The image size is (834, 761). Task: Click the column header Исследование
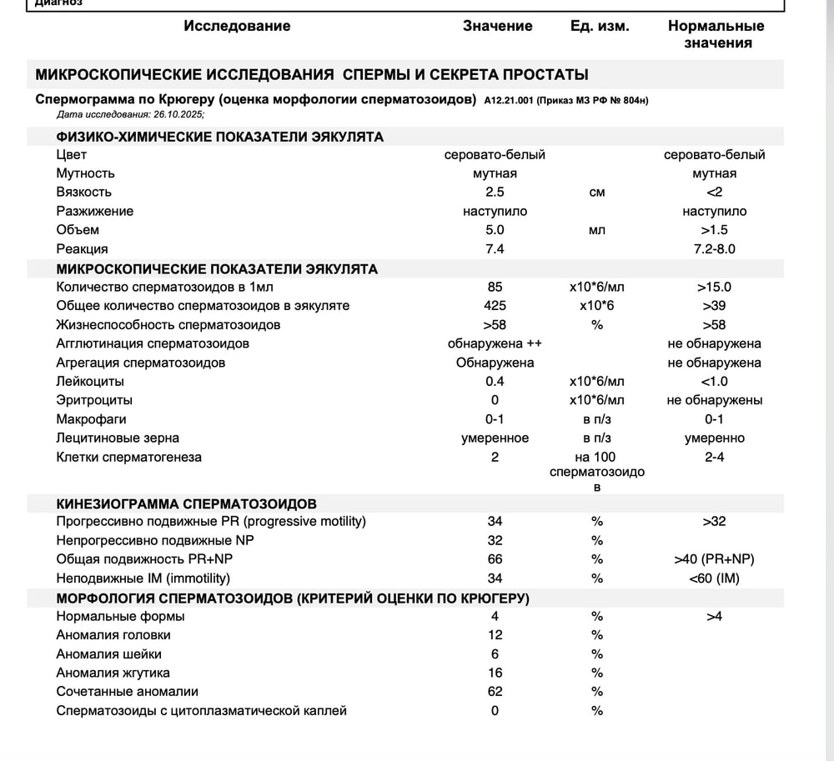[x=237, y=26]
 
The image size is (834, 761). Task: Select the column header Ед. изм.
[x=600, y=26]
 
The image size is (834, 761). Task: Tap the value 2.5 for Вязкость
[x=495, y=193]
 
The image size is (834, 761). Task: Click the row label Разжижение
[x=94, y=211]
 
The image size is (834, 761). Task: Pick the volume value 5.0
[x=495, y=230]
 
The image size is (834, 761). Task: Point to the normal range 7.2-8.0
[x=714, y=248]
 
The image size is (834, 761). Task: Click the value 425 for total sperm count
[x=495, y=306]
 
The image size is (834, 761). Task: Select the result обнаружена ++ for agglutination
[x=495, y=343]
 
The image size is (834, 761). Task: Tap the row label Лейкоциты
[x=90, y=382]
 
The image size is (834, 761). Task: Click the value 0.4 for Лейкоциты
[x=495, y=382]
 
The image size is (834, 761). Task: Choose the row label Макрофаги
[x=91, y=419]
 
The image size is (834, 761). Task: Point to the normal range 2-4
[x=714, y=457]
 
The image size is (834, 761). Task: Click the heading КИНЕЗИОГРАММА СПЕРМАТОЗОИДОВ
[x=186, y=504]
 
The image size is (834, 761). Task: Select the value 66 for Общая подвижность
[x=495, y=559]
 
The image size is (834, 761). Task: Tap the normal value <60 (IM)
[x=714, y=578]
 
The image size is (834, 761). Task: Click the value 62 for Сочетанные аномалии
[x=495, y=692]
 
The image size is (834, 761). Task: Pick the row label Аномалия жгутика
[x=113, y=673]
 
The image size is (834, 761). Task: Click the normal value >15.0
[x=714, y=287]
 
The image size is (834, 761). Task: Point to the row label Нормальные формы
[x=120, y=617]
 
